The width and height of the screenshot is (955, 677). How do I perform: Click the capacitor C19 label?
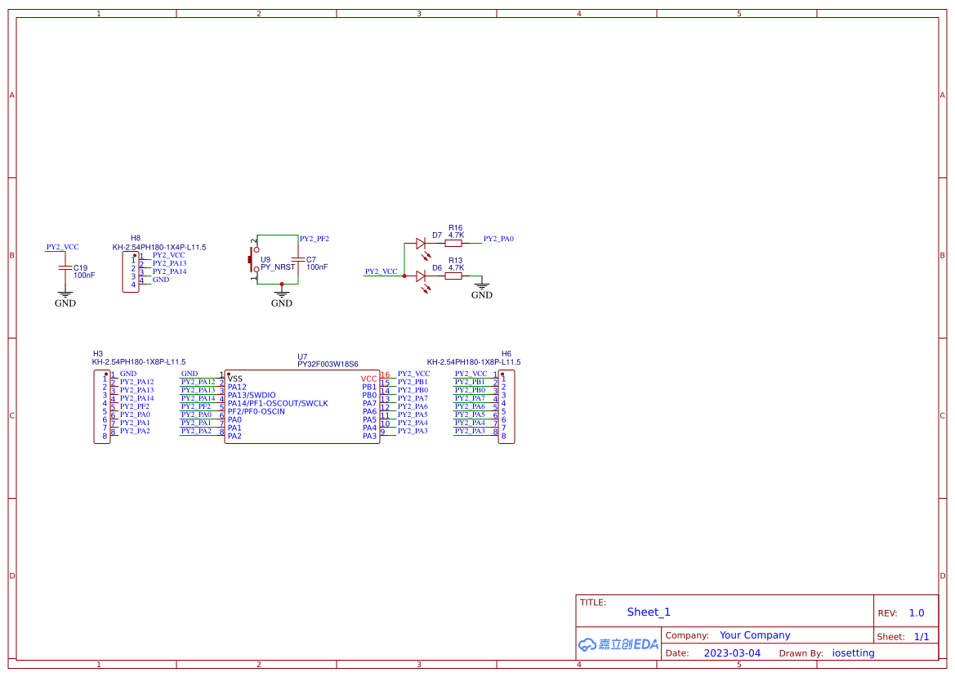(80, 267)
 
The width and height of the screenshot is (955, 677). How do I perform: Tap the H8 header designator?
(136, 238)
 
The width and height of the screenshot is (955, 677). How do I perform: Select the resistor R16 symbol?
(453, 243)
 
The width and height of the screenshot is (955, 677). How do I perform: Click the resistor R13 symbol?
(453, 276)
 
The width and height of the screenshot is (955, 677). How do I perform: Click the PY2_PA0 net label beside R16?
(498, 239)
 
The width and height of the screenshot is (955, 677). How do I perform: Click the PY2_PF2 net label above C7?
(315, 239)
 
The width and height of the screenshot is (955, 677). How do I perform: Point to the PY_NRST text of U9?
(278, 267)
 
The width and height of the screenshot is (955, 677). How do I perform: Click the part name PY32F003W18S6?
(328, 365)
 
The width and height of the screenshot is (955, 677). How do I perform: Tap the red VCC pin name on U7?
(368, 379)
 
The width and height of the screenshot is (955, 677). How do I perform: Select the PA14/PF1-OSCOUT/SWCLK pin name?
(278, 403)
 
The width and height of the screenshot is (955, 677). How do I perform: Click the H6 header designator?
(507, 353)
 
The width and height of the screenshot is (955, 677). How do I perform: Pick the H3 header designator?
(98, 353)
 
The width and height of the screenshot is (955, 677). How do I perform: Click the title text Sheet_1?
(649, 612)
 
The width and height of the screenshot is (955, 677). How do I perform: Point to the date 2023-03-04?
(732, 653)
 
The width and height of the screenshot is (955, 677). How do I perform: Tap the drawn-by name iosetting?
(853, 653)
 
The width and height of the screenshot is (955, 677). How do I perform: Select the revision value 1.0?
(917, 613)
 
